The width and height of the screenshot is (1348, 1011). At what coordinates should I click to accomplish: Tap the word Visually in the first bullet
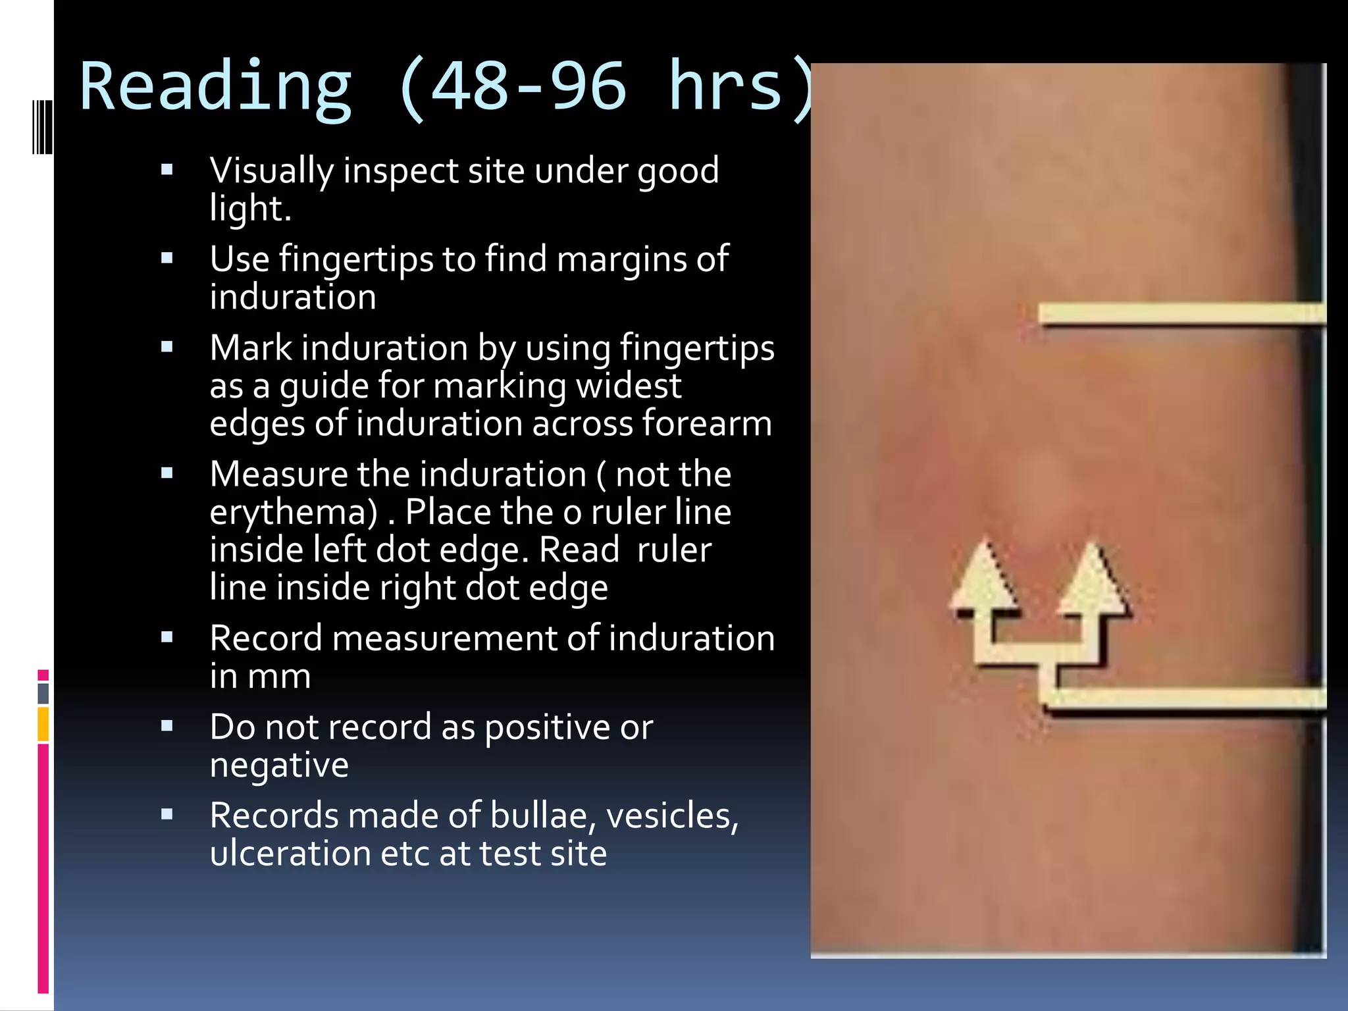[271, 171]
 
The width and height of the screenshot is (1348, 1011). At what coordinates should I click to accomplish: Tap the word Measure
[278, 475]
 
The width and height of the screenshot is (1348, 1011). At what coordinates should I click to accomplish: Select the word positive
[547, 728]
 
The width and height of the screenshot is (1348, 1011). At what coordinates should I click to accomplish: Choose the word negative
[279, 765]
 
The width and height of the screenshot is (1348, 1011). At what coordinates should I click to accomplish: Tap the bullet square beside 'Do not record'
[167, 726]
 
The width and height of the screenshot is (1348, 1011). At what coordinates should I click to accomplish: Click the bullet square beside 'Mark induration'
[167, 347]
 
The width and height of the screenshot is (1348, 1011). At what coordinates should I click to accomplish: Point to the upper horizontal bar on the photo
[1181, 314]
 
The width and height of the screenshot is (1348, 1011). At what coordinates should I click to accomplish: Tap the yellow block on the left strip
[43, 724]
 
